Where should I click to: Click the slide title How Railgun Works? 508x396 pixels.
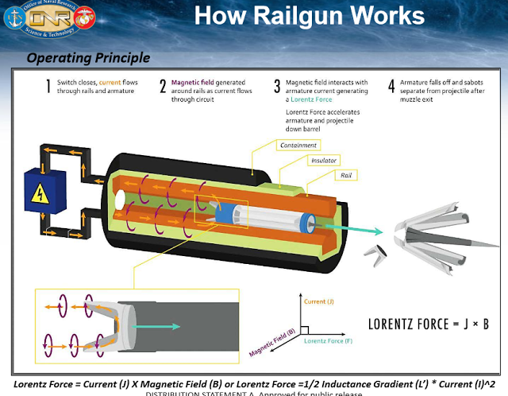(x=309, y=16)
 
